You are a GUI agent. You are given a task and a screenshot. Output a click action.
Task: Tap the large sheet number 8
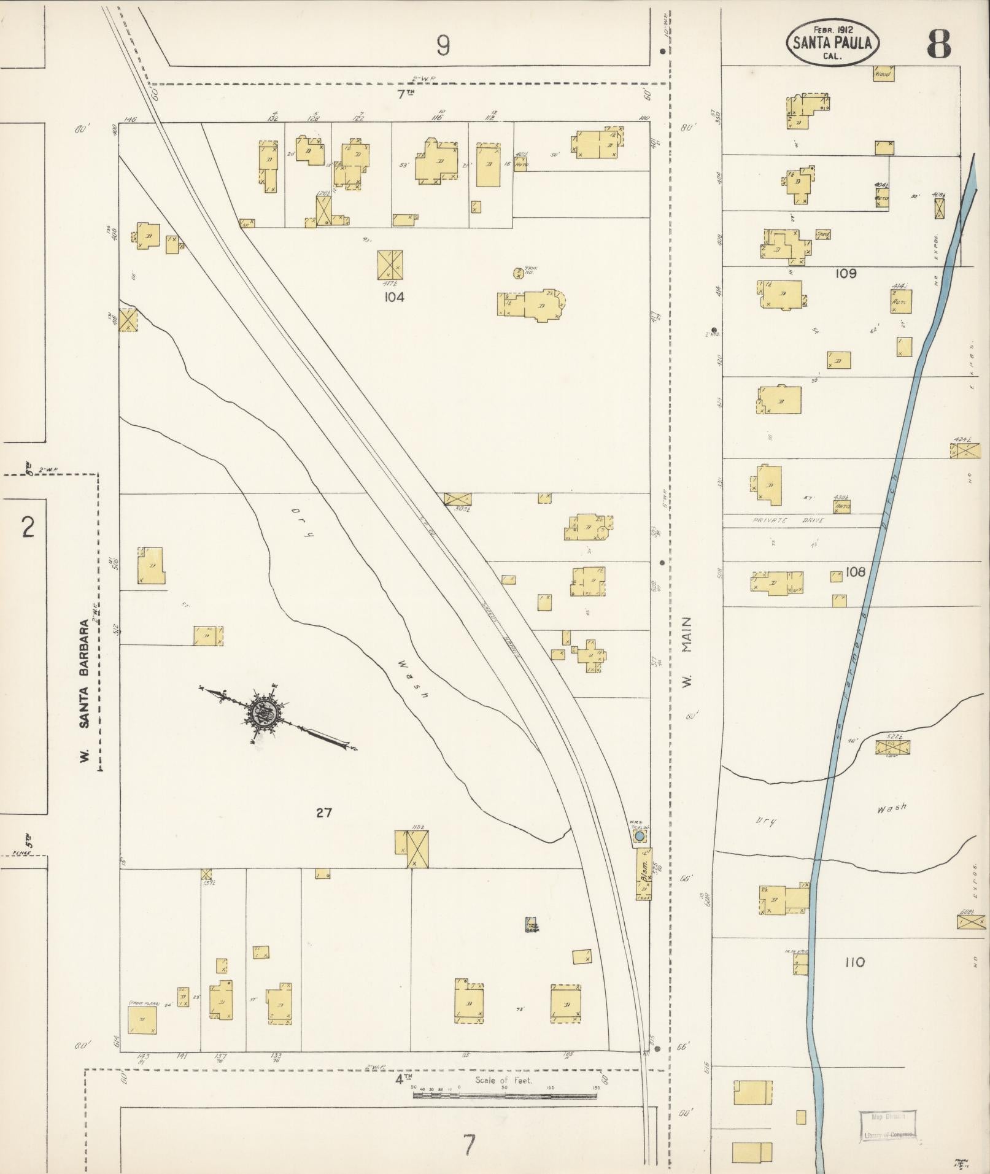tap(938, 44)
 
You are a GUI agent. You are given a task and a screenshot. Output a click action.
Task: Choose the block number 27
tap(323, 813)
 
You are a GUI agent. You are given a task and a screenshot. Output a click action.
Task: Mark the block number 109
tap(845, 274)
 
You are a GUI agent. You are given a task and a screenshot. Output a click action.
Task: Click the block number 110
tap(854, 962)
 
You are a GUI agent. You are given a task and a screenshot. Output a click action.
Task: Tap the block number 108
tap(855, 572)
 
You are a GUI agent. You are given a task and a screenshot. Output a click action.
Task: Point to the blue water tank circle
tap(640, 836)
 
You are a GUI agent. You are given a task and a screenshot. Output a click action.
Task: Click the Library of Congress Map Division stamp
tap(888, 1125)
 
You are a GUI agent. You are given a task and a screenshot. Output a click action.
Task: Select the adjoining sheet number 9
tap(443, 45)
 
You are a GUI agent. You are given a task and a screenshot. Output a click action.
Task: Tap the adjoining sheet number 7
tap(469, 1145)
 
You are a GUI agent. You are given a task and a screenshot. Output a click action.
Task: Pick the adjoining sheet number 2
tap(26, 527)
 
